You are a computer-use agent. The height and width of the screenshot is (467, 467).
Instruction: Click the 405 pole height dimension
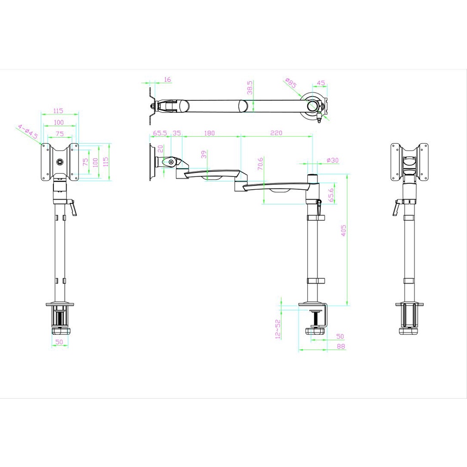coord(343,230)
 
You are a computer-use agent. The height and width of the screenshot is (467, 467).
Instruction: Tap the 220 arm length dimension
coord(276,133)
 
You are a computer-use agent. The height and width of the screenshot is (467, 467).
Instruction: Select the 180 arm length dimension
coord(209,133)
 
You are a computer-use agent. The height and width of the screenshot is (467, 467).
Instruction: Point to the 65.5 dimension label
coord(160,133)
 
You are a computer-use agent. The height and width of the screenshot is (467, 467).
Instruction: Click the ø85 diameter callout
coord(291,83)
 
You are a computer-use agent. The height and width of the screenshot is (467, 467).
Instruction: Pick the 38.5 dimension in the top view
coord(250,88)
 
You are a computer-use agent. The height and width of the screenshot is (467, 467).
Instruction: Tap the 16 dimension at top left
coord(168,79)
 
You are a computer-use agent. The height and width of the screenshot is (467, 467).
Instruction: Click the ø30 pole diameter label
coord(332,160)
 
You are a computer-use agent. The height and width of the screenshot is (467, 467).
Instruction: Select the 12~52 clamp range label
coord(278,329)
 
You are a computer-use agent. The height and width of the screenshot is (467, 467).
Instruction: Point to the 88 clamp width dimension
coord(341,346)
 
